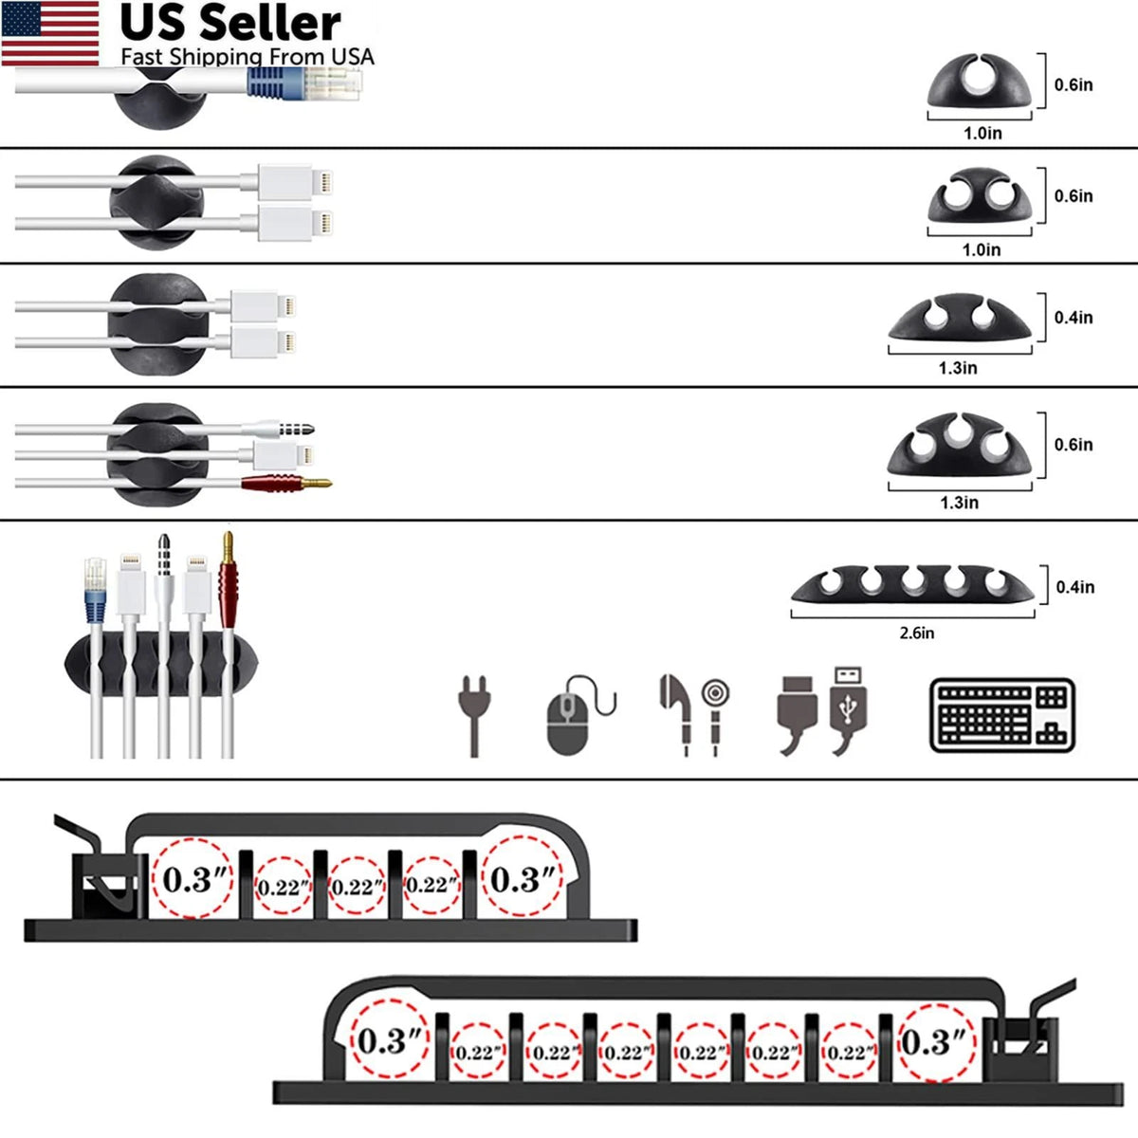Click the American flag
pos(50,33)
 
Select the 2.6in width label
pos(916,633)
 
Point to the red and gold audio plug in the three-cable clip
pos(286,483)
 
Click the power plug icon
pos(474,716)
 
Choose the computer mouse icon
pos(580,716)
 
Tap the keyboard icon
pos(1002,715)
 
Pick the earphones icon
pos(694,715)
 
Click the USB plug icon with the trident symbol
pos(848,711)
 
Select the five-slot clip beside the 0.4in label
pos(912,585)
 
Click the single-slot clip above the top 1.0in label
pos(979,81)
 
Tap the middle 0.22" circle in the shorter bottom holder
pos(358,886)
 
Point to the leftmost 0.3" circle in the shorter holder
pos(193,878)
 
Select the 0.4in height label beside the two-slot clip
pos(1074,318)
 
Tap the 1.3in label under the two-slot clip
pos(958,368)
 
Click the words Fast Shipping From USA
pos(248,57)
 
